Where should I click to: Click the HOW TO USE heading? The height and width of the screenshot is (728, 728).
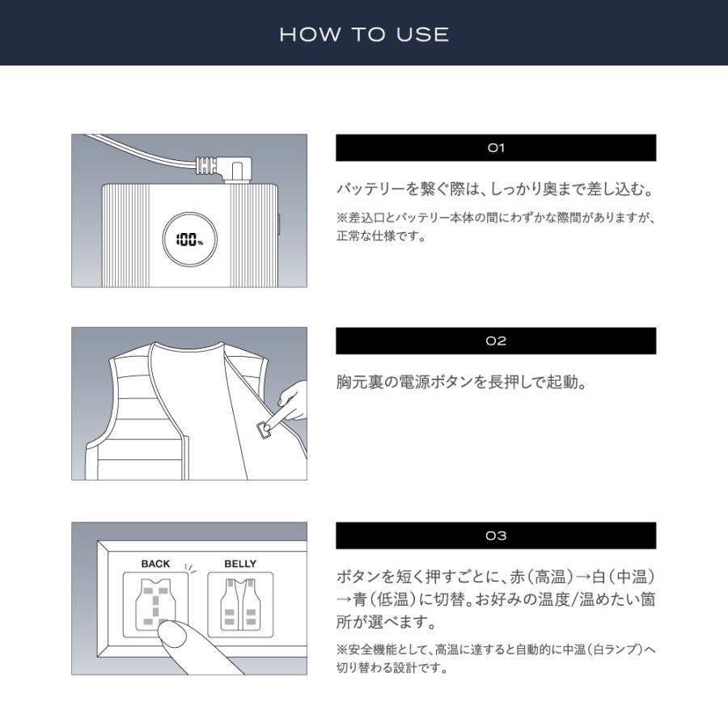(364, 34)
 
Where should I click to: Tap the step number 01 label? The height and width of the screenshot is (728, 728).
(496, 148)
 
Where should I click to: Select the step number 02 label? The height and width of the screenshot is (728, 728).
(496, 341)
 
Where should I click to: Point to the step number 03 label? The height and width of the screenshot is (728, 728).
(496, 535)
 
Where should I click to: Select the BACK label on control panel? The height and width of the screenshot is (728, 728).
(155, 564)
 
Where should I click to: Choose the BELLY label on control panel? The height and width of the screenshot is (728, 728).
(239, 564)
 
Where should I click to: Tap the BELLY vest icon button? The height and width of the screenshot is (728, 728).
(240, 603)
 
